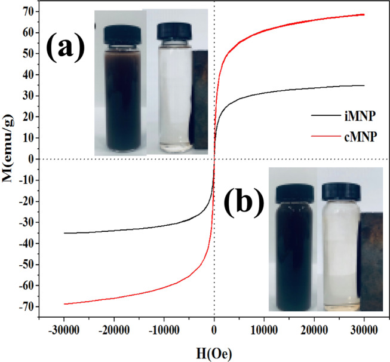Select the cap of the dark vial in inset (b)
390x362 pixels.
pos(293,191)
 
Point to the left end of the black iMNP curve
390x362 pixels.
pos(65,233)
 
